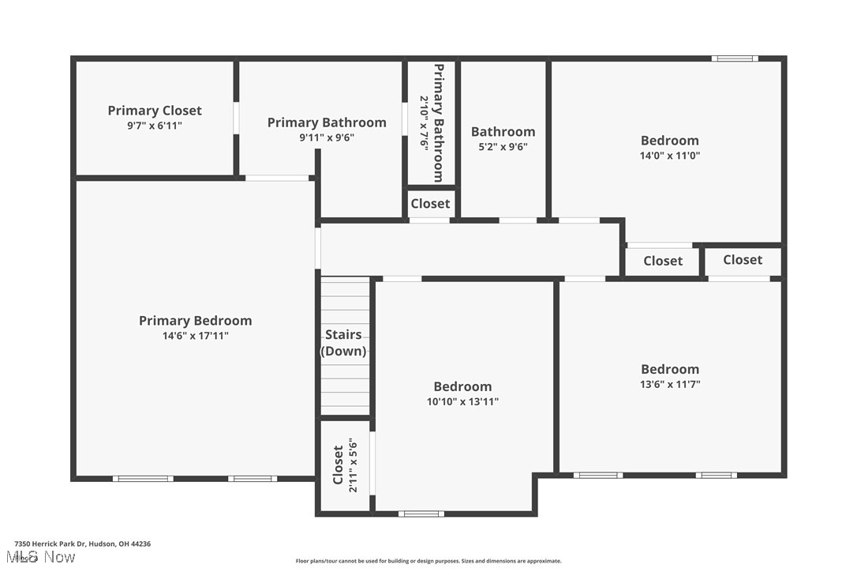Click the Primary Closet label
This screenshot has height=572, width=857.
pyautogui.click(x=155, y=111)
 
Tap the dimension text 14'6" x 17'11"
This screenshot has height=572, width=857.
pyautogui.click(x=196, y=336)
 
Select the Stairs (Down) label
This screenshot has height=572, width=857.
pyautogui.click(x=343, y=343)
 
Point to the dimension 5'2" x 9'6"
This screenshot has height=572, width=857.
pyautogui.click(x=503, y=146)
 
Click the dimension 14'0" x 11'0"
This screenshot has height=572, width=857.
pyautogui.click(x=669, y=156)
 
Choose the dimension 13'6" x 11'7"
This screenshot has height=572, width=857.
pyautogui.click(x=669, y=385)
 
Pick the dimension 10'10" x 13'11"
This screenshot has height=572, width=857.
pyautogui.click(x=462, y=401)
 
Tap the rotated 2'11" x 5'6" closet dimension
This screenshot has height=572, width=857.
pyautogui.click(x=354, y=466)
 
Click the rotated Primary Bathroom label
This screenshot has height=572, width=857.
pyautogui.click(x=438, y=122)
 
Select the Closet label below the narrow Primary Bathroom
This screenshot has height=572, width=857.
pyautogui.click(x=430, y=204)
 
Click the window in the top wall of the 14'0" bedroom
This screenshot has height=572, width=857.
pyautogui.click(x=734, y=58)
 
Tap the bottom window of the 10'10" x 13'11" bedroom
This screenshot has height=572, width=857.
pyautogui.click(x=421, y=514)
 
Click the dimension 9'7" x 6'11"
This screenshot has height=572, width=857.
pyautogui.click(x=155, y=126)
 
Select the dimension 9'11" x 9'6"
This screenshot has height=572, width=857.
pyautogui.click(x=327, y=137)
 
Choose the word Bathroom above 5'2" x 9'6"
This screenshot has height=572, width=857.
pyautogui.click(x=503, y=132)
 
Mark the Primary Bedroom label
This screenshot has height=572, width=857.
pyautogui.click(x=196, y=321)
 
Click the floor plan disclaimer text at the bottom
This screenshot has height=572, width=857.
pyautogui.click(x=428, y=561)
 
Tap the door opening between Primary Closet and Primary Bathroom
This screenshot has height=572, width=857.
pyautogui.click(x=236, y=118)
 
